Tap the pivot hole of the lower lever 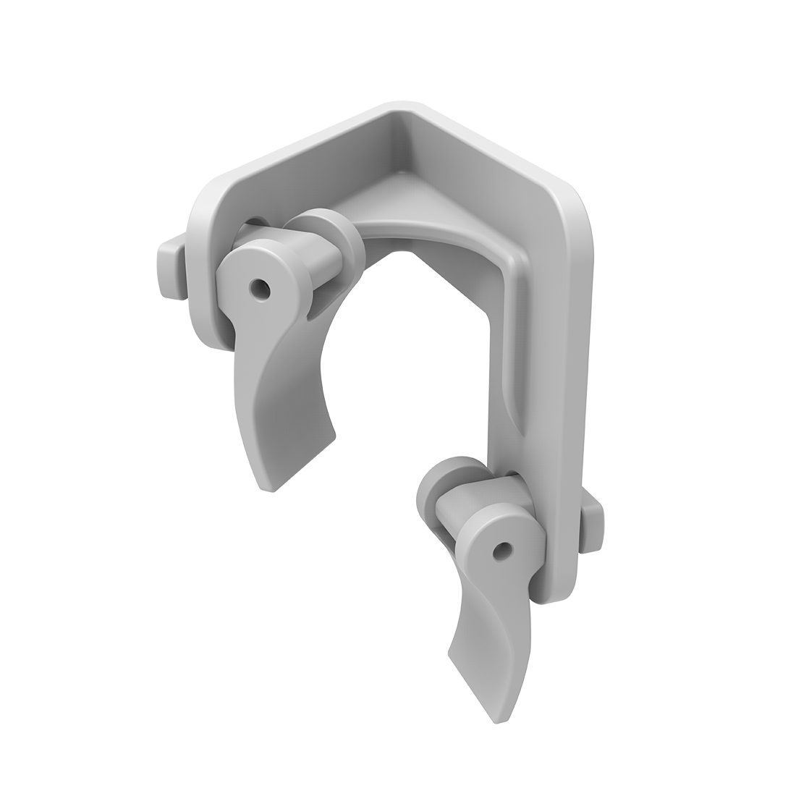click(x=499, y=552)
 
